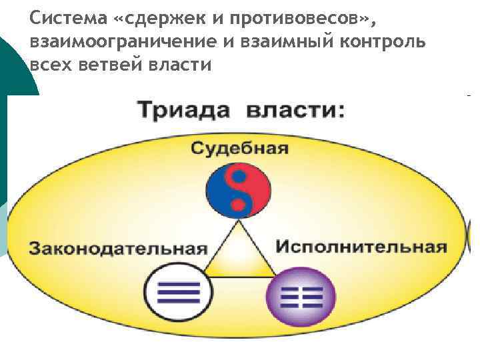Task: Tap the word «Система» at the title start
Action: [67, 17]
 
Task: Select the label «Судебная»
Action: [239, 148]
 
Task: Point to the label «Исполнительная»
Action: [361, 247]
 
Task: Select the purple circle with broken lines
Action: [300, 294]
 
